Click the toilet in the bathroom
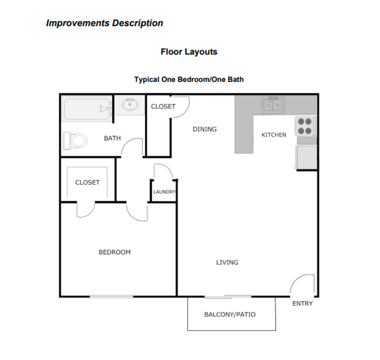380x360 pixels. [x=76, y=141]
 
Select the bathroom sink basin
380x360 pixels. [x=130, y=104]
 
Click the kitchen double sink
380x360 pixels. [x=273, y=105]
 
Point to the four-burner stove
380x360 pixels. [x=305, y=126]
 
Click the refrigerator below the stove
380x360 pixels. [x=306, y=157]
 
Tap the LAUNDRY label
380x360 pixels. [x=164, y=192]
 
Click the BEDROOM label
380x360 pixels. [x=114, y=252]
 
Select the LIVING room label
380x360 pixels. [x=227, y=262]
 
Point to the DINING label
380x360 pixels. [x=204, y=129]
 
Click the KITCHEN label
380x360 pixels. [x=273, y=135]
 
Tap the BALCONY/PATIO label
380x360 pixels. [x=230, y=314]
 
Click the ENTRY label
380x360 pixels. [x=302, y=303]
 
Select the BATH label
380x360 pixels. [x=112, y=138]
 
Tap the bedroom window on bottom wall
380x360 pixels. [x=111, y=297]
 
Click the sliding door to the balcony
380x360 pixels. [x=228, y=297]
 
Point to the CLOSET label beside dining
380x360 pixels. [x=163, y=106]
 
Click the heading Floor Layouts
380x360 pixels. [x=189, y=52]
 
